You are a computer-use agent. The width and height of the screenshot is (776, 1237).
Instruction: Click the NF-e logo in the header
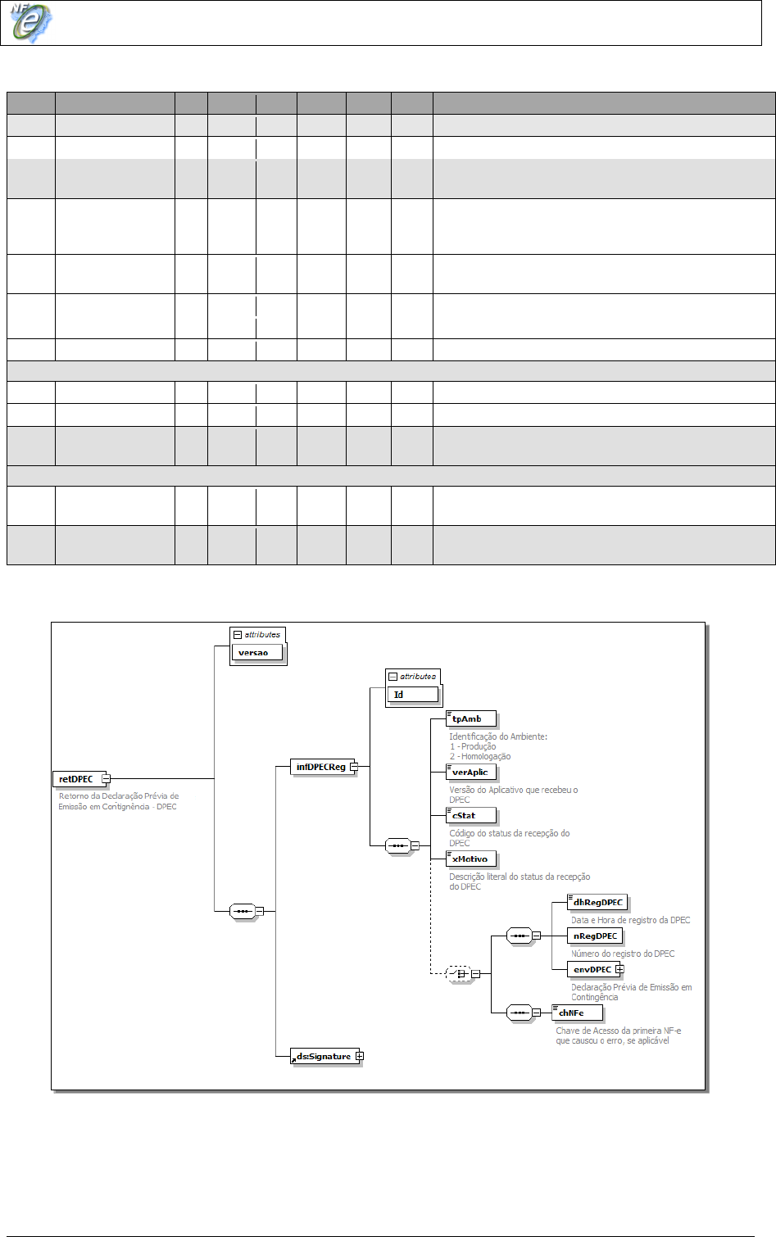(x=31, y=22)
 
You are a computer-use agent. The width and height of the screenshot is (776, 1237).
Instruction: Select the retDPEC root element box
(x=76, y=779)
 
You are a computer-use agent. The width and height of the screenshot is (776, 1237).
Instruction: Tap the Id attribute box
(x=412, y=695)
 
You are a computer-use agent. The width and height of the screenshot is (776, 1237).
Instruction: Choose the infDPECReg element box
(x=320, y=768)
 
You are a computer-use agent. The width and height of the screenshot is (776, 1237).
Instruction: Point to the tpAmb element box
(x=470, y=719)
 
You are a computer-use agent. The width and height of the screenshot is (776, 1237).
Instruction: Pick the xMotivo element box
(x=470, y=859)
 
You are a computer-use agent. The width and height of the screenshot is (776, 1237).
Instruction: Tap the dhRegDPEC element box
(x=597, y=903)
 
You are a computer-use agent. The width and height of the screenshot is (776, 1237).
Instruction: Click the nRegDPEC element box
(x=595, y=936)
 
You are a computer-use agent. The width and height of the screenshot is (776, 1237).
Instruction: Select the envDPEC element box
(x=592, y=970)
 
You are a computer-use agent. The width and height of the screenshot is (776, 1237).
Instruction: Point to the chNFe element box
(x=577, y=1013)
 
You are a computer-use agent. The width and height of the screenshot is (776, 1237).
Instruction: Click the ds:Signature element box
(x=323, y=1057)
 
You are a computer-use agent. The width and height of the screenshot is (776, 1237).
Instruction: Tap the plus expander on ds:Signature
(x=360, y=1056)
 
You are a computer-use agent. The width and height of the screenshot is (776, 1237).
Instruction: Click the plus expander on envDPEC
(x=619, y=969)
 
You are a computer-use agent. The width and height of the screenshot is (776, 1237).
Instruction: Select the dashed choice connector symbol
(x=458, y=974)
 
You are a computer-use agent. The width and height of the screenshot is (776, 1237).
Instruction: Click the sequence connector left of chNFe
(x=519, y=1013)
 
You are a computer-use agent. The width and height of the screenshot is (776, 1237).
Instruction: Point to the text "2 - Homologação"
(x=480, y=757)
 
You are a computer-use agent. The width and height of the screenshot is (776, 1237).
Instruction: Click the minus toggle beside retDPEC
(x=106, y=779)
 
